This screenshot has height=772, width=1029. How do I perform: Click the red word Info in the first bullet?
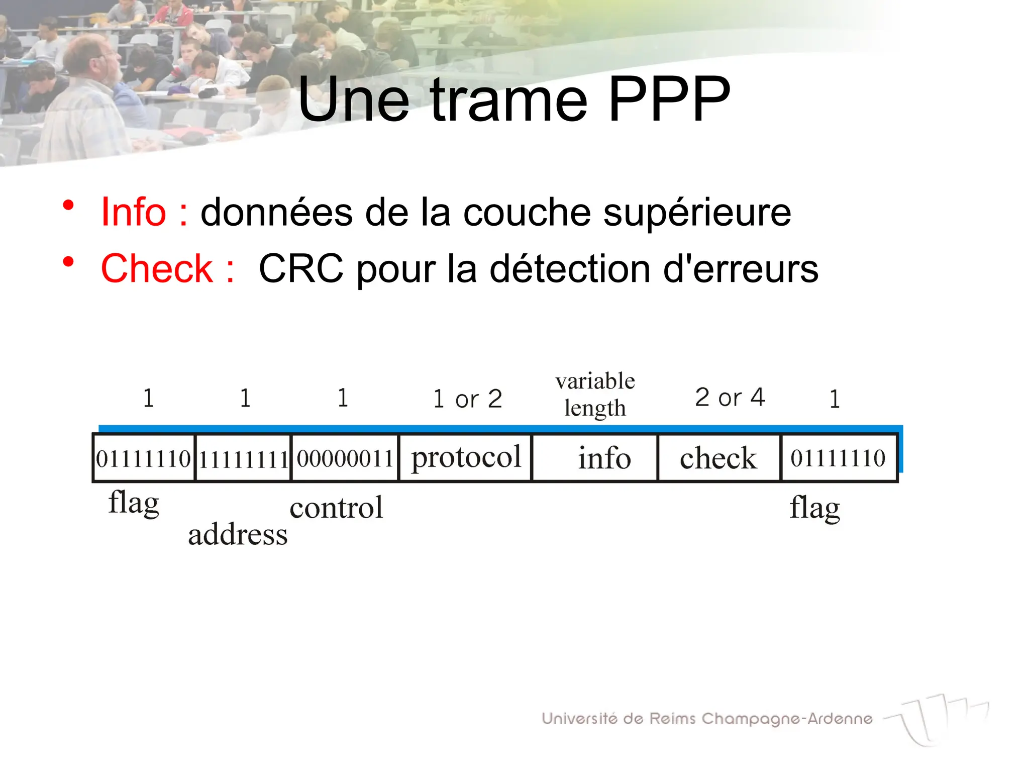tap(133, 212)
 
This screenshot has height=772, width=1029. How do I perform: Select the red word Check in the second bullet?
tap(157, 268)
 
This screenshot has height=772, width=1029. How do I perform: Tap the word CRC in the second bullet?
tap(301, 268)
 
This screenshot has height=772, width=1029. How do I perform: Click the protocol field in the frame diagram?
tap(466, 458)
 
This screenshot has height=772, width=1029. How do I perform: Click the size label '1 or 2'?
tap(467, 399)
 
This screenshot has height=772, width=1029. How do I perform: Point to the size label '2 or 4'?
tap(730, 398)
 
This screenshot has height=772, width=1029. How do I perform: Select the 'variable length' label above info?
tap(595, 395)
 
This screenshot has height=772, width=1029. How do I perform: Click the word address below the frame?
tap(238, 534)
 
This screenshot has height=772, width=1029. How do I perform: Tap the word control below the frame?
tap(336, 508)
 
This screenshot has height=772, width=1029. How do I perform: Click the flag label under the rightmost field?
tap(814, 508)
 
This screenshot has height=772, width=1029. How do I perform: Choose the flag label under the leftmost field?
tap(134, 503)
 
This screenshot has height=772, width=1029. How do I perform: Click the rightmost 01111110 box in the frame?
tap(838, 458)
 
